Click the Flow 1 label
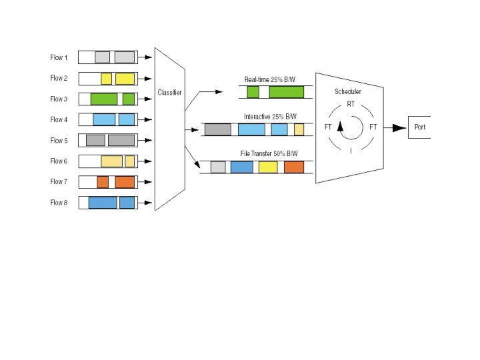59,57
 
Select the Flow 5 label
59,141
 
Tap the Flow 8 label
59,203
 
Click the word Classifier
169,92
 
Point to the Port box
419,127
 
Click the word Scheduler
348,91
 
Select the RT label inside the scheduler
351,104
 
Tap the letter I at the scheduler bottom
351,151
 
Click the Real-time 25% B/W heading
271,80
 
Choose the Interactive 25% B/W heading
270,117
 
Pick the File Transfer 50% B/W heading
269,154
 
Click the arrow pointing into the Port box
398,127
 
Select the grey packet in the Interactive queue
218,129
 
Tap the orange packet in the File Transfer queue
294,167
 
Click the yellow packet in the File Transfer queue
268,167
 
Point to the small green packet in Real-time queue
253,92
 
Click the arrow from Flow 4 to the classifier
146,120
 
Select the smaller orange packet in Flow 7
103,182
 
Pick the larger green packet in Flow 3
104,99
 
